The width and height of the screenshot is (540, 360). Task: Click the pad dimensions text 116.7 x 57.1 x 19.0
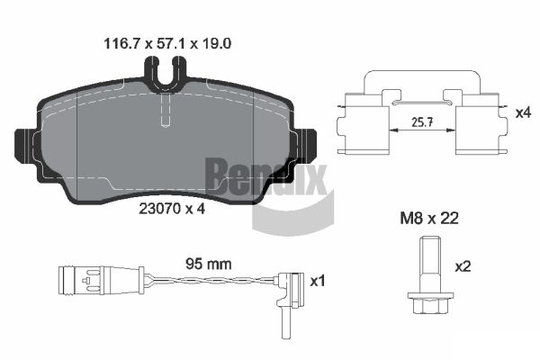pos(167,44)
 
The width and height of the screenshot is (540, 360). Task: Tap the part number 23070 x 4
pos(172,209)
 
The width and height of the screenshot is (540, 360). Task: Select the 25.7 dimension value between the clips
pos(423,122)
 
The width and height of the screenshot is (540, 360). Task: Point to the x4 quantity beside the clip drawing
pos(523,112)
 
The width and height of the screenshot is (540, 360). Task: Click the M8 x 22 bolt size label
pos(429,219)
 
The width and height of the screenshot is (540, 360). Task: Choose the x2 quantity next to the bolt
pos(463,266)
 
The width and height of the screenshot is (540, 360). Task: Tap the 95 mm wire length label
pos(209,264)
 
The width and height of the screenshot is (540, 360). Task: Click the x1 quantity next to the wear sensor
pos(317,281)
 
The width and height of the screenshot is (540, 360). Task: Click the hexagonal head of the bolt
pos(430,302)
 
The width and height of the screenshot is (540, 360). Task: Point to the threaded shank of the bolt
pos(430,265)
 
